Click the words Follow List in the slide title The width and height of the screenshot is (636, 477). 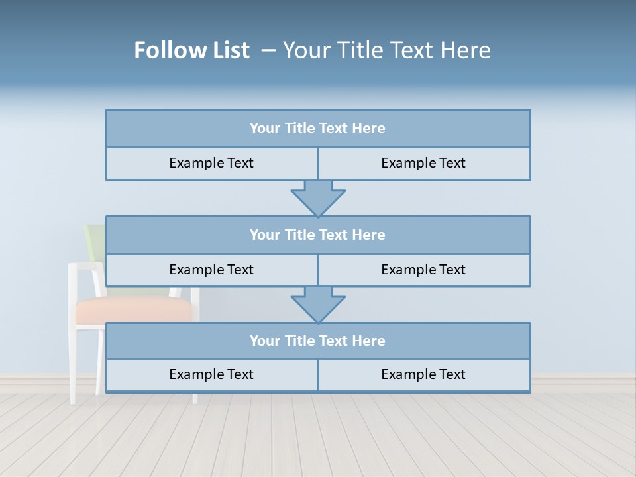pyautogui.click(x=191, y=50)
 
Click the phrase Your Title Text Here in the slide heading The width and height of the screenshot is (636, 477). pyautogui.click(x=386, y=50)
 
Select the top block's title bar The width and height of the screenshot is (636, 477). pyautogui.click(x=318, y=129)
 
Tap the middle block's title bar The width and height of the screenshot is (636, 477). pyautogui.click(x=318, y=235)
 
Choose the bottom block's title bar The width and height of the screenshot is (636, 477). pyautogui.click(x=318, y=341)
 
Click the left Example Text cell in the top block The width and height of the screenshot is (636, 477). pyautogui.click(x=211, y=163)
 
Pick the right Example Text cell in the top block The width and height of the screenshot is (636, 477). pyautogui.click(x=423, y=163)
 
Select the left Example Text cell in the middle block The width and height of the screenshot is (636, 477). pyautogui.click(x=211, y=270)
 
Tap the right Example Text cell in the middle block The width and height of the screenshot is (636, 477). pyautogui.click(x=423, y=270)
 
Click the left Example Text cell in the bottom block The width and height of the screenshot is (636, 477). pyautogui.click(x=211, y=374)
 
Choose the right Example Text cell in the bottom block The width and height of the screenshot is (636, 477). pyautogui.click(x=423, y=374)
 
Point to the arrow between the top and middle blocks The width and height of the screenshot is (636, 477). pyautogui.click(x=318, y=197)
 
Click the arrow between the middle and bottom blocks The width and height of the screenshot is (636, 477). pyautogui.click(x=318, y=304)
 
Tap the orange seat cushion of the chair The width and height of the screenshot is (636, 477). pyautogui.click(x=132, y=310)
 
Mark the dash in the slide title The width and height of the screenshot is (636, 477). pyautogui.click(x=268, y=50)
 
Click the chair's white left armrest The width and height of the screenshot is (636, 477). pyautogui.click(x=85, y=266)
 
